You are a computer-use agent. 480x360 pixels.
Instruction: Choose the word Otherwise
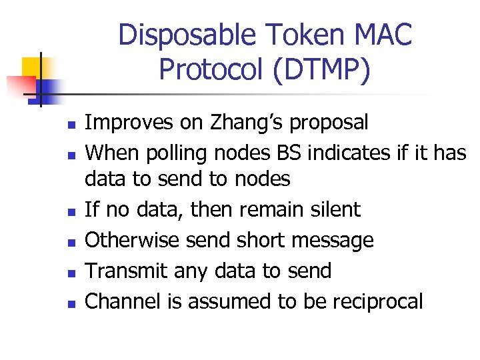[x=134, y=240]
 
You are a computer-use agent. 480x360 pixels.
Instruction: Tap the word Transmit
[x=127, y=271]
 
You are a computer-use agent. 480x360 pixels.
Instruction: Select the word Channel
[x=125, y=301]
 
